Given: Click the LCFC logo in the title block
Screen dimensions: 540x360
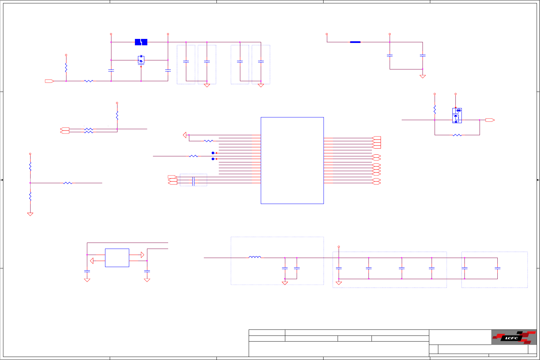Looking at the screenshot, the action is (513, 337).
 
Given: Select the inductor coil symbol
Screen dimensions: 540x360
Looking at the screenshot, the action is (255, 257).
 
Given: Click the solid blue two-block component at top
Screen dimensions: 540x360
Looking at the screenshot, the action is (141, 42).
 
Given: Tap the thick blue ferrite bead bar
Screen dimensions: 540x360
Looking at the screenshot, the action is (355, 42).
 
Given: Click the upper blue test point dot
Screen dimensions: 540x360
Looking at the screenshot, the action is (213, 153).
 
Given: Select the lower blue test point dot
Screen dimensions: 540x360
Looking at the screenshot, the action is (213, 159).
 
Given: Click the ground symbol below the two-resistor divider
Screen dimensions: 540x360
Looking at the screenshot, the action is (30, 214).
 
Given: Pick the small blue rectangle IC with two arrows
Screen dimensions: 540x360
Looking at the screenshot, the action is (117, 258).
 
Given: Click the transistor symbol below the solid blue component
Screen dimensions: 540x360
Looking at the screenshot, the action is (141, 60).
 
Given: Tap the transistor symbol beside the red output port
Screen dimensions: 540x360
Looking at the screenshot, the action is (457, 115).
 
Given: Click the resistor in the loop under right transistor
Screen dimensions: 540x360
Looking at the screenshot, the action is (457, 135).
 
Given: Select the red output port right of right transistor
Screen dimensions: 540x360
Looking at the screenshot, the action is (490, 120).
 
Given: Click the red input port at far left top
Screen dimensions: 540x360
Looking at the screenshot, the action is (49, 81).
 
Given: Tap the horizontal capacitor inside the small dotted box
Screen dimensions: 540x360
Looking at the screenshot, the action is (193, 181).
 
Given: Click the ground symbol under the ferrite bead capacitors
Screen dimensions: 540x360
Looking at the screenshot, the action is (423, 76).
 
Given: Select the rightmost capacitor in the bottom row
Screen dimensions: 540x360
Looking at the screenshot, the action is (497, 268).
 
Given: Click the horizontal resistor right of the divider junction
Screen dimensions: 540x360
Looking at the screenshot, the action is (67, 183).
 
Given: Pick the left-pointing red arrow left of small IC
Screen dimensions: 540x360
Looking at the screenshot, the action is (92, 261).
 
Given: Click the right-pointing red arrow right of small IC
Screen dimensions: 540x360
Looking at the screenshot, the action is (142, 255).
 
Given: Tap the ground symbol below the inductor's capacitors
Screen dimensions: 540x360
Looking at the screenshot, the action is (285, 283).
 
